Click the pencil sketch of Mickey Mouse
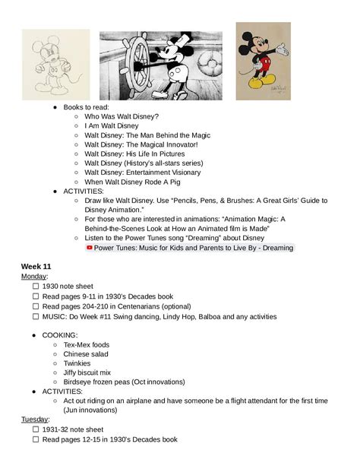click(55, 64)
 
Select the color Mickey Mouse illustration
click(263, 61)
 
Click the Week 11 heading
click(36, 266)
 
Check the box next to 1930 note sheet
click(36, 287)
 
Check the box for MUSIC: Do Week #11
click(36, 316)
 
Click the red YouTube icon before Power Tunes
click(89, 247)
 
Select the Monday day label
click(34, 277)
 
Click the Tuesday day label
click(35, 420)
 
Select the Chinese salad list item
click(86, 354)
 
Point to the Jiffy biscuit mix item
click(87, 372)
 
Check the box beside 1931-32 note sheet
click(36, 430)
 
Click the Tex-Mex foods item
click(86, 345)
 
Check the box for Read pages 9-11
click(36, 296)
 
